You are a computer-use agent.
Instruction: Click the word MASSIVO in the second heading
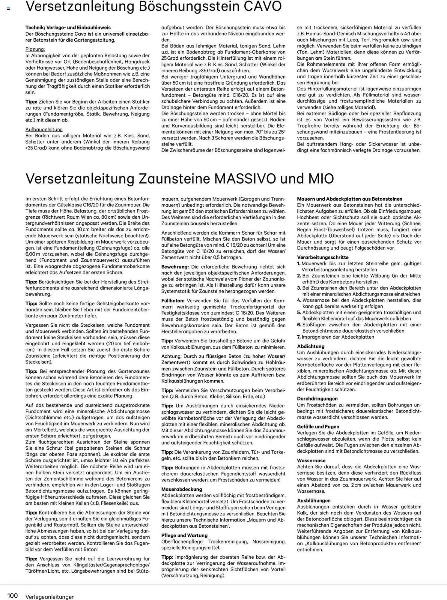245,179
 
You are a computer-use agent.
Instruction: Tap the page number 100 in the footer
13,595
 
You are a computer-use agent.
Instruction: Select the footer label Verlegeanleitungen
50,596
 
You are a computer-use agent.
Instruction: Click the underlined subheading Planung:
35,49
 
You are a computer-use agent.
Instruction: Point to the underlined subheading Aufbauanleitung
44,129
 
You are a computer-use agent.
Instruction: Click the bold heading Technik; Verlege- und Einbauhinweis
68,28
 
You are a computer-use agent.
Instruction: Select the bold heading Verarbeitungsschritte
318,257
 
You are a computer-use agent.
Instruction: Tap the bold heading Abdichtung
311,346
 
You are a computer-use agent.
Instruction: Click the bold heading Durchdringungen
317,398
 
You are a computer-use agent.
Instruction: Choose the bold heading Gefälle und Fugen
318,426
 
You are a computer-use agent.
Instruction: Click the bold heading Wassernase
311,460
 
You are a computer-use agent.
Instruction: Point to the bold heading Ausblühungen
314,500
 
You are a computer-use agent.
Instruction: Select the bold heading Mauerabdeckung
182,489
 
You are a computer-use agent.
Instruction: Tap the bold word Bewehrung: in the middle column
175,267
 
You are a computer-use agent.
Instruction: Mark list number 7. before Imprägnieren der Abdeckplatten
299,337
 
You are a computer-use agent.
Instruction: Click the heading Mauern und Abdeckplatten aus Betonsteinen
350,199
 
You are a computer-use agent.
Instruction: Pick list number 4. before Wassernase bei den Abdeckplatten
299,300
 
